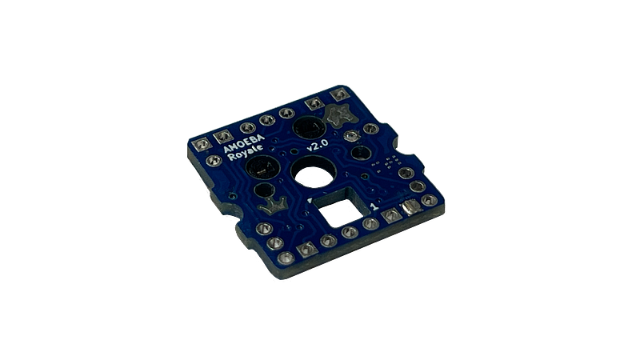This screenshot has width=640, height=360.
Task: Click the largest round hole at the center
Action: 312,172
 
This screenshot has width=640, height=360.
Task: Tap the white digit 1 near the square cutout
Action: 374,206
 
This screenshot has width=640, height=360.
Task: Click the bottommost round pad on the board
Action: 286,256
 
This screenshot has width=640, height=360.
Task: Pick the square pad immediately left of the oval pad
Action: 391,215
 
